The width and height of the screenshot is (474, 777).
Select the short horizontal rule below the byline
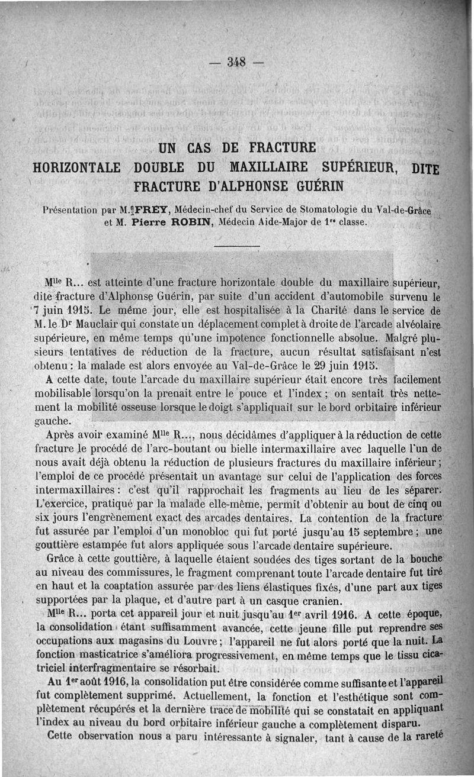pyautogui.click(x=237, y=246)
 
